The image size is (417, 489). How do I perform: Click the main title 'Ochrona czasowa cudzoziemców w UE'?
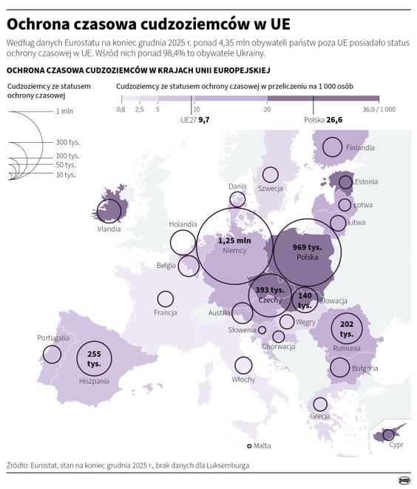click(148, 18)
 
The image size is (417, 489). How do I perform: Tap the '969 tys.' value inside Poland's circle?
click(306, 246)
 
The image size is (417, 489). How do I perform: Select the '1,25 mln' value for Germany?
click(234, 240)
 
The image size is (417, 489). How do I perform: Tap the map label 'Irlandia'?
click(108, 229)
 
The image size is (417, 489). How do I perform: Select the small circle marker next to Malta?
click(250, 445)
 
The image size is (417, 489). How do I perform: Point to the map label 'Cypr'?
click(396, 445)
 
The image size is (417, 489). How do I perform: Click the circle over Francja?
click(166, 299)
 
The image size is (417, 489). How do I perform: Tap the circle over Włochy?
click(243, 365)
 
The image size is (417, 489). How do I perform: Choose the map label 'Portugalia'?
click(53, 338)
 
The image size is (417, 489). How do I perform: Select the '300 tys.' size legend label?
click(67, 142)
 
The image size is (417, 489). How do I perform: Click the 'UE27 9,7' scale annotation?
click(195, 119)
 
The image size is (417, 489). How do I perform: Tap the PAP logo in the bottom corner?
click(404, 479)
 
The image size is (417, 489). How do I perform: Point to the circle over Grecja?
click(320, 404)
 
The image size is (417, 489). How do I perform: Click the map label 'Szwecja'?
click(271, 189)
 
